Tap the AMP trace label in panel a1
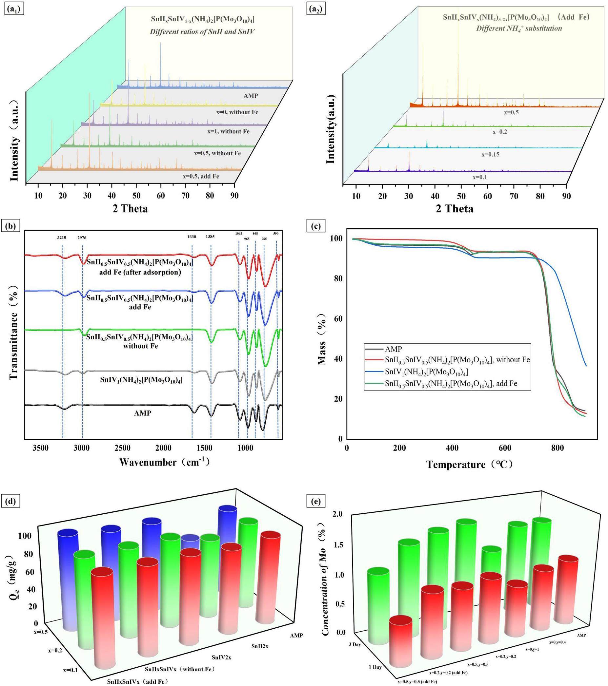point(251,96)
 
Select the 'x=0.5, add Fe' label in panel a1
point(201,176)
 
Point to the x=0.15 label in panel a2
point(490,154)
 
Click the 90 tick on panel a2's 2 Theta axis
point(566,196)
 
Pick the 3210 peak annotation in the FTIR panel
point(61,238)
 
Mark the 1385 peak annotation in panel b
point(210,237)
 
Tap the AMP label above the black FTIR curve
point(142,413)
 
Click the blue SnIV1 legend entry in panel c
point(426,372)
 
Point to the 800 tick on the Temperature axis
point(557,448)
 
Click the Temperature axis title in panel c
point(470,465)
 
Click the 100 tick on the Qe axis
point(26,536)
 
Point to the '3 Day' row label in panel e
point(355,644)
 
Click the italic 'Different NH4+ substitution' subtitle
point(519,29)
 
